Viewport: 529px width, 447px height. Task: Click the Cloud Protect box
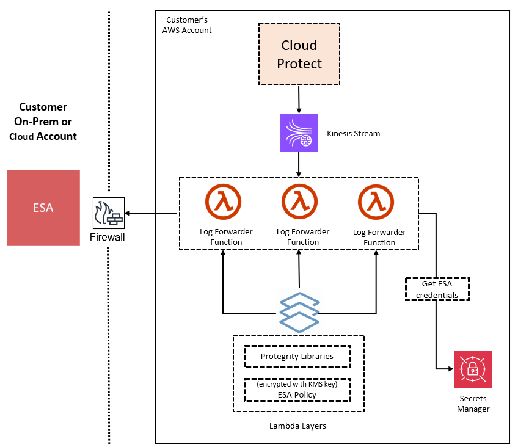299,54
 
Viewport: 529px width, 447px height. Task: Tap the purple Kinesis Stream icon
299,133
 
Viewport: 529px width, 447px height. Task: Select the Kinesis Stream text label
353,133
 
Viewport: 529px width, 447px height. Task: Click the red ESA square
43,208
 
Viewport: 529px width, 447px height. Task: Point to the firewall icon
108,213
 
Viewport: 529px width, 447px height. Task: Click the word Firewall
107,237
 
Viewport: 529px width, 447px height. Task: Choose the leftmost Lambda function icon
223,202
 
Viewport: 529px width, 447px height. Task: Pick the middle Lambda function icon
300,202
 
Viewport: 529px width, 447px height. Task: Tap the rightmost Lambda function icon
376,202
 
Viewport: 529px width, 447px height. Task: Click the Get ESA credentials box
436,289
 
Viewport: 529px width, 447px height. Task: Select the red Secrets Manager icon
472,369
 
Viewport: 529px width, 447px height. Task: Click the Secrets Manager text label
473,403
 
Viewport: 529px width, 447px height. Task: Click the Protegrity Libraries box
297,357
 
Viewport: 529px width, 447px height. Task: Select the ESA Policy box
297,390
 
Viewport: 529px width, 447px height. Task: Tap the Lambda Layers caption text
297,426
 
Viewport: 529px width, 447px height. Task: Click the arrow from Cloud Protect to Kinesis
299,98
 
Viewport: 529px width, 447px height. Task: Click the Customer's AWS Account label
187,25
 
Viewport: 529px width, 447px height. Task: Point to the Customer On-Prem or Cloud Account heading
43,122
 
